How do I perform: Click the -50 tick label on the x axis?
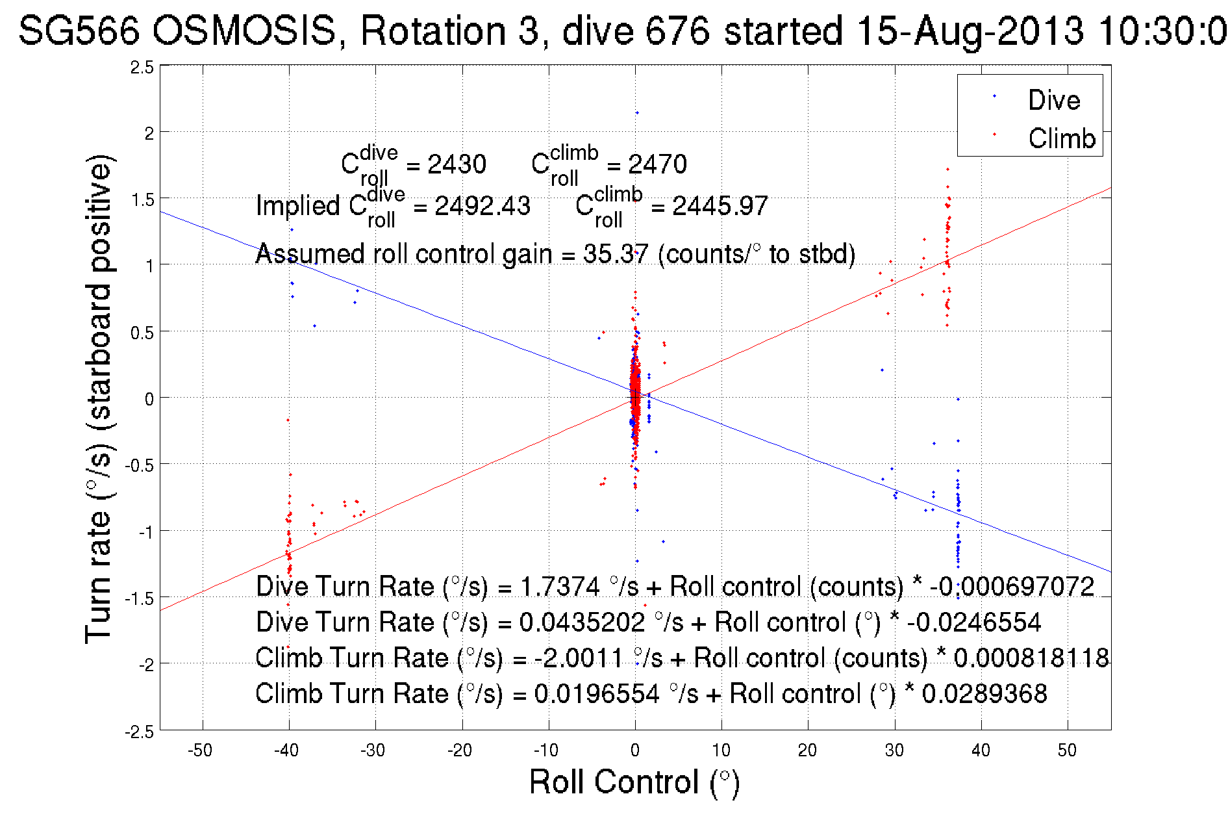click(200, 750)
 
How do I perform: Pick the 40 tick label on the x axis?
click(981, 750)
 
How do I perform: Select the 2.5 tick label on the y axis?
click(142, 68)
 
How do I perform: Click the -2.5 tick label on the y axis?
click(140, 732)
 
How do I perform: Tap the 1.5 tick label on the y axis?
click(142, 200)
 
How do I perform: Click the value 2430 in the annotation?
click(457, 164)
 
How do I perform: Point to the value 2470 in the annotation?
click(657, 164)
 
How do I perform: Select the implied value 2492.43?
click(482, 206)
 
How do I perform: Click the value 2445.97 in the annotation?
click(720, 206)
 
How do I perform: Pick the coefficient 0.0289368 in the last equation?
click(984, 694)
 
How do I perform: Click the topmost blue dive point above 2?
click(637, 113)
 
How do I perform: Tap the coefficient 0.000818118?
click(1031, 658)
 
